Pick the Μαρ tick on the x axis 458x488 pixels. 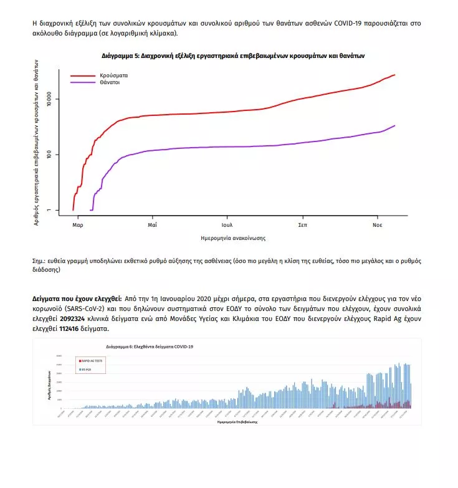point(77,224)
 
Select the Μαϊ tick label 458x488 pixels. point(152,224)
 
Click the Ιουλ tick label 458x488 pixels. point(227,224)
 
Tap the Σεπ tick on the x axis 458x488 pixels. point(302,224)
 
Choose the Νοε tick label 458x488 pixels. point(378,224)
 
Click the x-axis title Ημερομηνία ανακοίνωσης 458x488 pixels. point(229,238)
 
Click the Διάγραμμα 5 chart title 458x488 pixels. point(233,55)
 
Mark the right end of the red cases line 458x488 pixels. point(395,75)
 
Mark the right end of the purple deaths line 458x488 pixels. point(395,126)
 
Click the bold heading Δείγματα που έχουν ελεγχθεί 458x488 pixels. point(77,299)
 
